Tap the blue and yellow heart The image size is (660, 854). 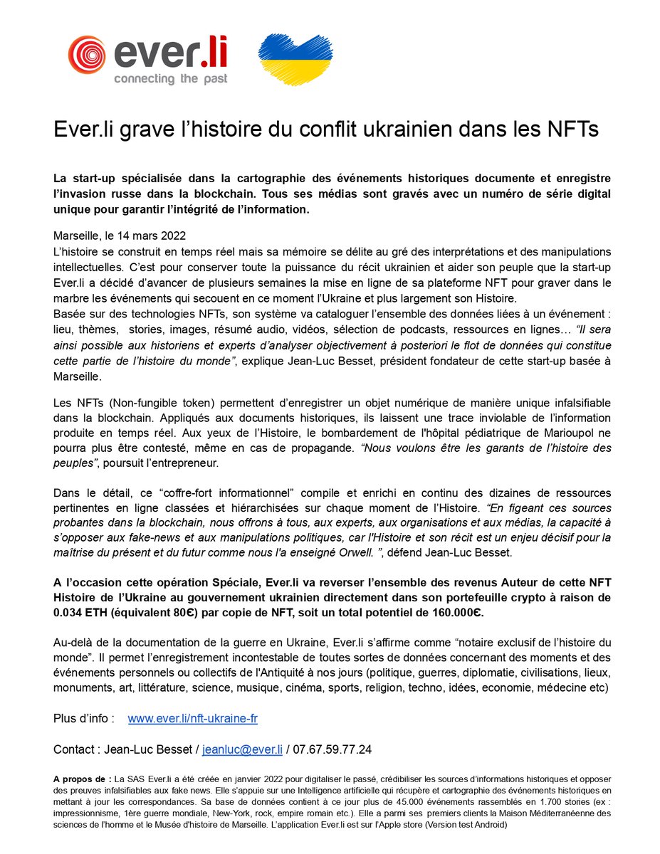pos(295,58)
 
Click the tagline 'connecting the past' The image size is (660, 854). pos(170,79)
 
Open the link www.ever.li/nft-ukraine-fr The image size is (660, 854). pos(192,719)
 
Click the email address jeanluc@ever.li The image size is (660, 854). pos(243,750)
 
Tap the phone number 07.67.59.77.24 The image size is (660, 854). pos(331,750)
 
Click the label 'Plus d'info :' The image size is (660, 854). pos(84,719)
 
